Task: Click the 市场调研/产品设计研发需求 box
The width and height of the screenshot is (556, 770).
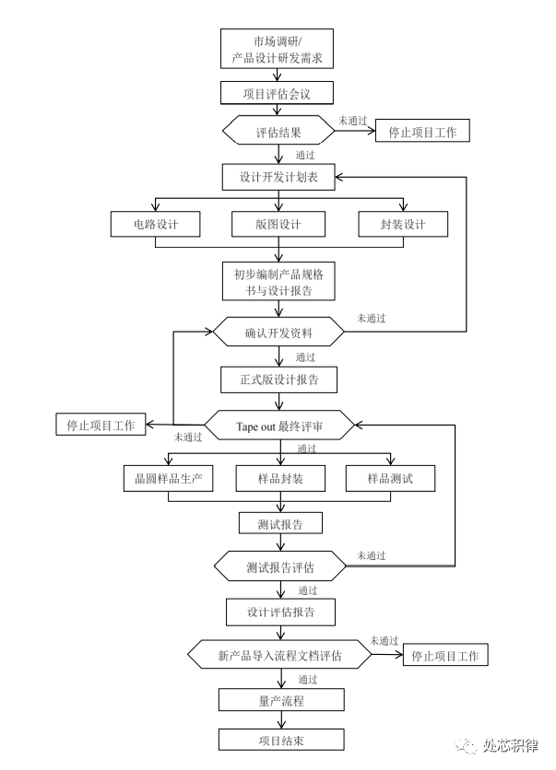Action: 277,48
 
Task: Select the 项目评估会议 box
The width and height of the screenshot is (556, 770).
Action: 277,93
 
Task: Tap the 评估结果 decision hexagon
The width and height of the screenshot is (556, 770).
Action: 278,130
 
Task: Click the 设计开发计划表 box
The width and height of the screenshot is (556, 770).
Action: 278,177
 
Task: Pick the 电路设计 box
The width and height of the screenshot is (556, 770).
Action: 155,224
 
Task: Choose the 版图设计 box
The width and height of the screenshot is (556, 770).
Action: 278,224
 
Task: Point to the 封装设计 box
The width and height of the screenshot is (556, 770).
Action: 403,224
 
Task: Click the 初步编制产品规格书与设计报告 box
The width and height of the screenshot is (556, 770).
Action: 278,281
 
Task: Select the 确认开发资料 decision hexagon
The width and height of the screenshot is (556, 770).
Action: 278,332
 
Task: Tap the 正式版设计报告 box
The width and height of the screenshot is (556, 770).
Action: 278,379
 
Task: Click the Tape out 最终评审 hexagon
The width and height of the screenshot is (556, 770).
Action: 279,426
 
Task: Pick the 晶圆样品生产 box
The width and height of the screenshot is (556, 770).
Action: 168,478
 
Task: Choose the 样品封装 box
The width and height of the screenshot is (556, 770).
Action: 280,478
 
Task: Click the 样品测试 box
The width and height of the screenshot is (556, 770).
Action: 390,478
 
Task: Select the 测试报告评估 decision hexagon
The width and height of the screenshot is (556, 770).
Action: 280,566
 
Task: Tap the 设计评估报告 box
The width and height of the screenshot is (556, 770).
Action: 280,612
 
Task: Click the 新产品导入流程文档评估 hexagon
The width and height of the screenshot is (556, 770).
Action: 279,654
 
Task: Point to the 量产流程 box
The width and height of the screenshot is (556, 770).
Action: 281,700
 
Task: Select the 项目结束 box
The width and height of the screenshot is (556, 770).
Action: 281,740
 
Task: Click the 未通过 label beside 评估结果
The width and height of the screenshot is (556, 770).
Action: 353,121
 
